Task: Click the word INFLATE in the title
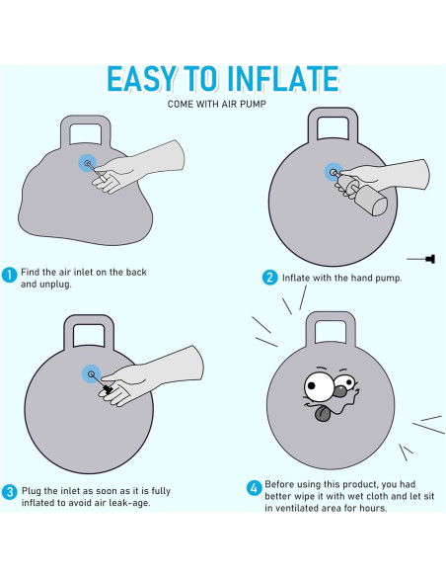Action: click(283, 79)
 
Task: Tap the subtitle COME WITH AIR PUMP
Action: click(216, 104)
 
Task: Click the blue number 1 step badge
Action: click(9, 275)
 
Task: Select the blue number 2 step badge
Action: click(269, 278)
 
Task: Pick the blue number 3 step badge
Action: click(9, 492)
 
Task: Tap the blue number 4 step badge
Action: click(254, 488)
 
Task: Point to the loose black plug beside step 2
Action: click(421, 259)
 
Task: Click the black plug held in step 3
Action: click(107, 388)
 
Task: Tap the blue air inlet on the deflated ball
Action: click(88, 163)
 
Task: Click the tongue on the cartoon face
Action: click(323, 414)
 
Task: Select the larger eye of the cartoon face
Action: click(319, 387)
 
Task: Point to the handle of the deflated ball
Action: click(86, 131)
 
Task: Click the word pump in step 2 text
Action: click(388, 279)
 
